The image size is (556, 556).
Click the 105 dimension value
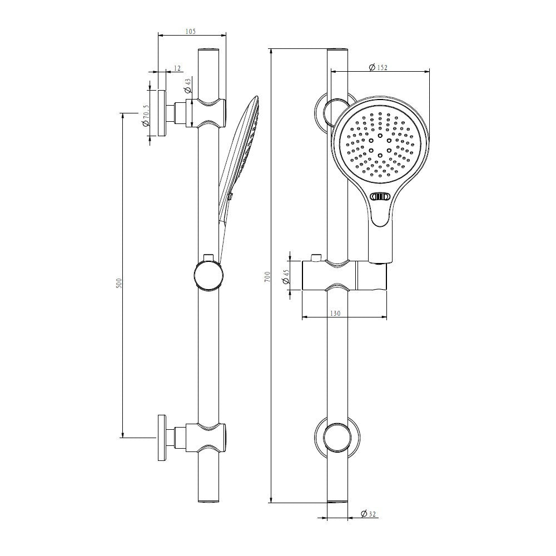coord(190,32)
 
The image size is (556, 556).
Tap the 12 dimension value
coord(177,68)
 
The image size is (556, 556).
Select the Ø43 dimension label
coord(188,85)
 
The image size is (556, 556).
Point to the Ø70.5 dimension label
coord(145,115)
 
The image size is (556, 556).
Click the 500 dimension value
coord(119,282)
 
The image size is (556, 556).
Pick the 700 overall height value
coord(267,276)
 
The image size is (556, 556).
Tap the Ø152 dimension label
coord(378,67)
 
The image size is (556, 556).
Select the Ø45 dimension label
coord(286,276)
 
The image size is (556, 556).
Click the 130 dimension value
coord(335,314)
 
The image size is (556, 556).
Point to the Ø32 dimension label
coord(368,514)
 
